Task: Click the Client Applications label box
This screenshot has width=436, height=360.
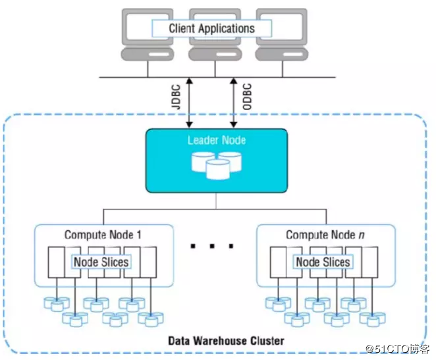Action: [x=211, y=28]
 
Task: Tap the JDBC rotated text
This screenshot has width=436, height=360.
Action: [x=176, y=97]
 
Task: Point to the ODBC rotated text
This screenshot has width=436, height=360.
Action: [x=247, y=97]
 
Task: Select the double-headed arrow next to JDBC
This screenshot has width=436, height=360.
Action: [x=190, y=103]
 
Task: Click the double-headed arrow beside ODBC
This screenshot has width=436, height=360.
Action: [x=234, y=103]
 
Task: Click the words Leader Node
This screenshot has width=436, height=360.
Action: [x=217, y=140]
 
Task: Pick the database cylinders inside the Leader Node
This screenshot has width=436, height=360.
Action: [x=217, y=165]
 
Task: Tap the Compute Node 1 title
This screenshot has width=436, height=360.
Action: [x=103, y=235]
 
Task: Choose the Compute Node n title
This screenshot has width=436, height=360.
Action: [x=325, y=235]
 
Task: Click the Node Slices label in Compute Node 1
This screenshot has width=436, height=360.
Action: [x=101, y=262]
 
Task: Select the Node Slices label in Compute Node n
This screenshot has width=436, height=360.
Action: [x=323, y=262]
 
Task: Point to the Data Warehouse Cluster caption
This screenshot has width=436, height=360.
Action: [x=227, y=341]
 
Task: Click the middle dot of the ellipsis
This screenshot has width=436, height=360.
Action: [x=212, y=246]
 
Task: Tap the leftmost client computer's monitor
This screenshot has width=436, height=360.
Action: [x=148, y=27]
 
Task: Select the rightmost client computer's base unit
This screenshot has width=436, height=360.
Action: [x=282, y=54]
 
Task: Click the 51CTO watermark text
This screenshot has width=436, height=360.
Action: [x=398, y=349]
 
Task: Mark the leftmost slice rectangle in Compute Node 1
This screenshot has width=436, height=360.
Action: [x=57, y=262]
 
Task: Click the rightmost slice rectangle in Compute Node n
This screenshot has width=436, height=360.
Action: [x=370, y=262]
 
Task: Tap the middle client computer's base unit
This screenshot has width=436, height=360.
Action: [x=215, y=54]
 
